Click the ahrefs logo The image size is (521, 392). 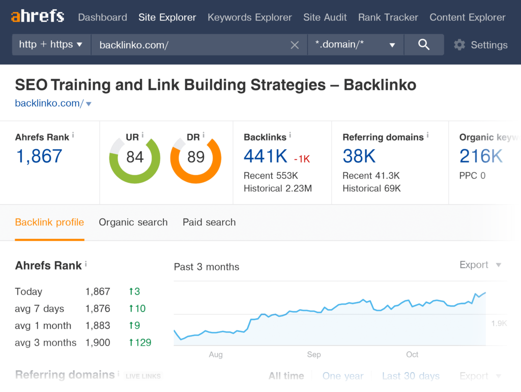click(38, 17)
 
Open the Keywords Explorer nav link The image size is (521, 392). click(249, 17)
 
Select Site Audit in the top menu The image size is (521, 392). click(325, 17)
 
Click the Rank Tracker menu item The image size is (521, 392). click(388, 17)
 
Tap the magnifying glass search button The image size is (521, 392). click(424, 45)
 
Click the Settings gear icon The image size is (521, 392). click(459, 45)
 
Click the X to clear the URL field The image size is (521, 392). click(295, 45)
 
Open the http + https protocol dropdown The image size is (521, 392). click(51, 45)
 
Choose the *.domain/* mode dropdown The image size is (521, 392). click(355, 45)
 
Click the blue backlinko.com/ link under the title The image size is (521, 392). click(49, 103)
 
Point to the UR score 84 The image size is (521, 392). click(135, 157)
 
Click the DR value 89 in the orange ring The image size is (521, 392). click(196, 157)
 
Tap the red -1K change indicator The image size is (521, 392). click(302, 159)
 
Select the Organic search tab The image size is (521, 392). click(133, 222)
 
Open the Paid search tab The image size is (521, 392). click(209, 222)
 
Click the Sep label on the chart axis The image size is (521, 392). click(314, 354)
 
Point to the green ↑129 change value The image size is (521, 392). click(140, 343)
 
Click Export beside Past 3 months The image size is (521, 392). click(474, 265)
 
